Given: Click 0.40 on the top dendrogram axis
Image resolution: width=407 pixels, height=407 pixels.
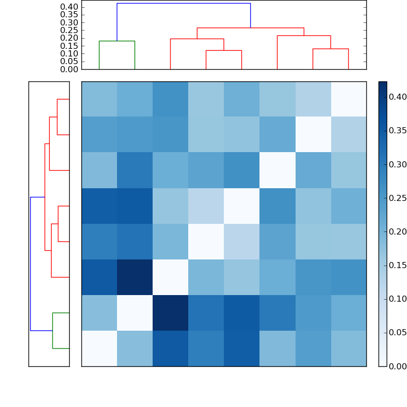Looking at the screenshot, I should (x=69, y=7).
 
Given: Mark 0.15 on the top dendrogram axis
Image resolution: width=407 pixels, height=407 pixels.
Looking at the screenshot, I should (x=69, y=46).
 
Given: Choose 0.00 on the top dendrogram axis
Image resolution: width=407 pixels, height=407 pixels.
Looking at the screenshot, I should (x=69, y=69).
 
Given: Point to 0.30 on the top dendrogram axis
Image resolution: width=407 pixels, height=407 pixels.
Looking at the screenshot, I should (x=69, y=22).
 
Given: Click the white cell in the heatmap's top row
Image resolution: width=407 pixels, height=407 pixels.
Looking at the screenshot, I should (x=348, y=99).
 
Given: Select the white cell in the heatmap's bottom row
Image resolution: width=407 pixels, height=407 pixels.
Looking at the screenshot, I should (x=99, y=348).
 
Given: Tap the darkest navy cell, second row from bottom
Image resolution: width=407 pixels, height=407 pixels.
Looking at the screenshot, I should (x=170, y=313).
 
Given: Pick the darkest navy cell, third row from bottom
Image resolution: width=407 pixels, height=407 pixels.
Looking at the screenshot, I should (x=135, y=277).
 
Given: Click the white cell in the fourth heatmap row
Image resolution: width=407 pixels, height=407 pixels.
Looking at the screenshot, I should (x=242, y=206).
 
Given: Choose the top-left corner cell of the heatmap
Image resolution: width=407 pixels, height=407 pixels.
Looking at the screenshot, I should (x=99, y=99).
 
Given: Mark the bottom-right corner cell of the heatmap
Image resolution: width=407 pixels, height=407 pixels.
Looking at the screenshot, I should (x=348, y=348).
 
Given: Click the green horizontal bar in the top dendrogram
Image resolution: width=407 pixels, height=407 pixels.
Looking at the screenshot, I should (x=117, y=41).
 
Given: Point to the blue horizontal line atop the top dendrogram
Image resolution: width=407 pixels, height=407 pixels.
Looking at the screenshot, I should (x=183, y=4).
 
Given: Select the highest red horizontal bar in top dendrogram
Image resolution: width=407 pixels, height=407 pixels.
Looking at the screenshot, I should (x=250, y=28).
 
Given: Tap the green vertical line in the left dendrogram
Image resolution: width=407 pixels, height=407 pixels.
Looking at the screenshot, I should (x=53, y=331).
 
